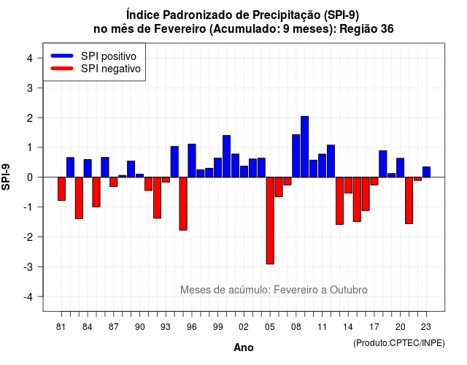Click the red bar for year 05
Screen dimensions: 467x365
pyautogui.click(x=270, y=220)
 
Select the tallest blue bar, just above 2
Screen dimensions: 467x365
pyautogui.click(x=305, y=147)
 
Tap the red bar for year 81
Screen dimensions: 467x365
pyautogui.click(x=61, y=188)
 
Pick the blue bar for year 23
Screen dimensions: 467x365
pyautogui.click(x=426, y=172)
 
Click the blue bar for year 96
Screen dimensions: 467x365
pyautogui.click(x=192, y=161)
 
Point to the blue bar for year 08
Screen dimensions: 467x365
pyautogui.click(x=296, y=155)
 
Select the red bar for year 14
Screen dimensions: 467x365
pyautogui.click(x=348, y=185)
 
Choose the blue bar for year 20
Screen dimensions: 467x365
pyautogui.click(x=401, y=168)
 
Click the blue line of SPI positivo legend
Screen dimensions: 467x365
pyautogui.click(x=62, y=55)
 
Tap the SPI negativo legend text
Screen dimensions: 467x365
pyautogui.click(x=111, y=69)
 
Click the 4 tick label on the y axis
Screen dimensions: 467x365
pyautogui.click(x=30, y=58)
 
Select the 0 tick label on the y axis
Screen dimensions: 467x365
pyautogui.click(x=30, y=177)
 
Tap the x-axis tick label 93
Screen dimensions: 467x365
pyautogui.click(x=166, y=327)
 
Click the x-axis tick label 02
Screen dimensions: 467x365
pyautogui.click(x=244, y=327)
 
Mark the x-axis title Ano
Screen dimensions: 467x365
pyautogui.click(x=244, y=347)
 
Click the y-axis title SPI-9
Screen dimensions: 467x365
pyautogui.click(x=6, y=177)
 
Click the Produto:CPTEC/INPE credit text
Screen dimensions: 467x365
pyautogui.click(x=399, y=343)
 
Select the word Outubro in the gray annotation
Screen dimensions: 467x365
pyautogui.click(x=349, y=290)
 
